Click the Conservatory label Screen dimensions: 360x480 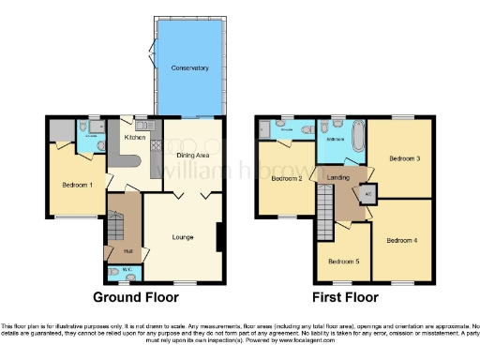(x=189, y=68)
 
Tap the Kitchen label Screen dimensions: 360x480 (x=131, y=137)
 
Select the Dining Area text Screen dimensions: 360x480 (x=191, y=155)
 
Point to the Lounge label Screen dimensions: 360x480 (x=183, y=237)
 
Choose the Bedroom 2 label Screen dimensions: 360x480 (x=286, y=178)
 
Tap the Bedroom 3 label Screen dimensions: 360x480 (x=404, y=159)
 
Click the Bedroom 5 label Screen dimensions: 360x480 (x=342, y=261)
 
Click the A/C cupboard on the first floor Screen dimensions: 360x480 (x=368, y=194)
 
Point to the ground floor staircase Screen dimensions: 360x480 (x=117, y=225)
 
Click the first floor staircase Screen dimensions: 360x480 (x=324, y=202)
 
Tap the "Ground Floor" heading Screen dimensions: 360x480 (x=137, y=297)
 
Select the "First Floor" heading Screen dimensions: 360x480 (x=346, y=297)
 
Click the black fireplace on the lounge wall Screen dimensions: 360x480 (x=219, y=237)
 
